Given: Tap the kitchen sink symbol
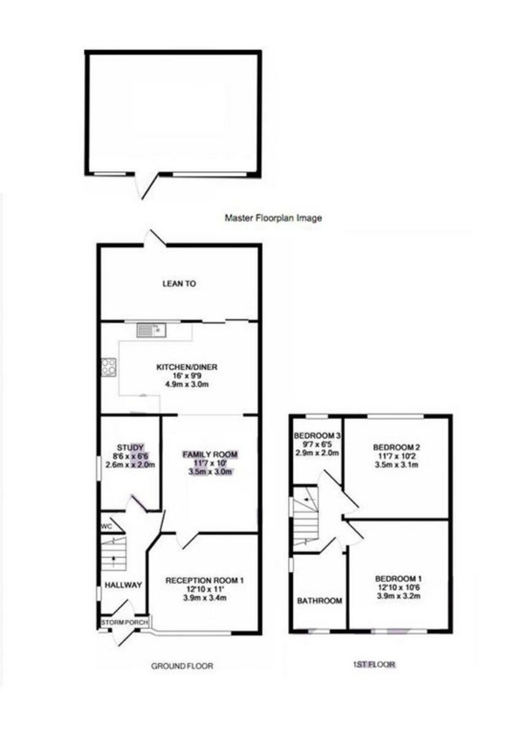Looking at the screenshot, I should click(151, 331).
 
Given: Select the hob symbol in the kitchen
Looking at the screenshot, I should click(109, 367).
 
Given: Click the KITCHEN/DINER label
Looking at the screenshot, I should click(187, 367).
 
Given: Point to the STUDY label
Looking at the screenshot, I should click(129, 447).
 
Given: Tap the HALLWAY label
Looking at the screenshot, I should click(123, 586).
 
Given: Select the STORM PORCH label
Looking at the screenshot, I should click(124, 623).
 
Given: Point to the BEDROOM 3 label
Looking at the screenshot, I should click(316, 435).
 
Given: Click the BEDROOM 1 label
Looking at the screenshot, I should click(399, 578).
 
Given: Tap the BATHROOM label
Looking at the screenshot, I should click(319, 601).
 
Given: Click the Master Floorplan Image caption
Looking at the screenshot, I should click(273, 218).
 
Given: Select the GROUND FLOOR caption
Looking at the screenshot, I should click(182, 665).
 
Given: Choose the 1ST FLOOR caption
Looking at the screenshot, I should click(373, 664).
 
